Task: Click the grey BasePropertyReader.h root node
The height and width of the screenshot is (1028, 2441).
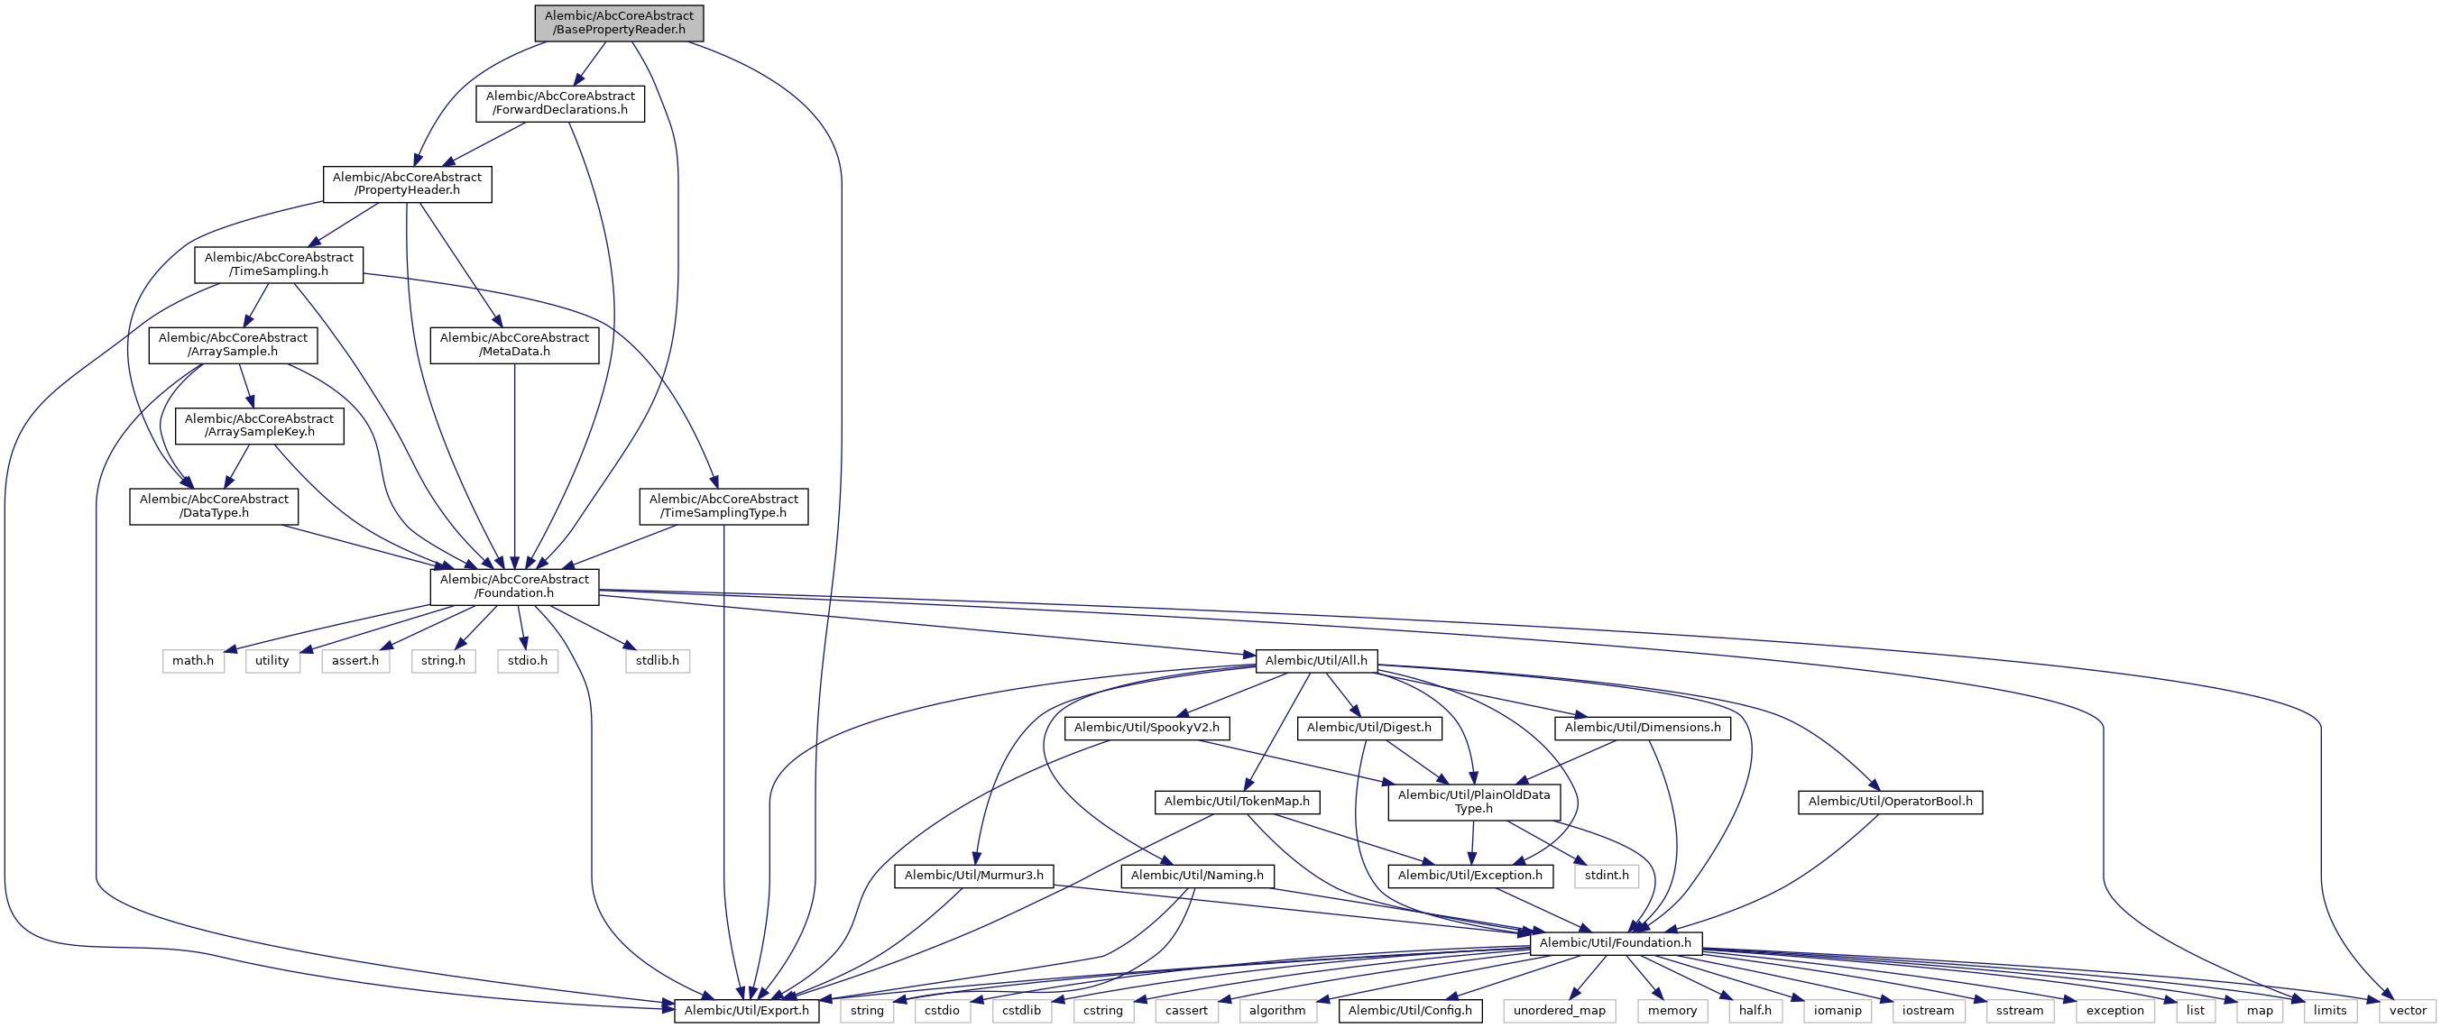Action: tap(619, 23)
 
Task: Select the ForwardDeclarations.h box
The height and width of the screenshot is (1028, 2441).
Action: tap(559, 104)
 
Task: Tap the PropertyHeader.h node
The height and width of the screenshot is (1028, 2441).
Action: tap(407, 184)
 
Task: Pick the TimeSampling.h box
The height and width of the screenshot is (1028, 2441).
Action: tap(279, 264)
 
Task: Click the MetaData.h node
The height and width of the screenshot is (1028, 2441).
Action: tap(513, 344)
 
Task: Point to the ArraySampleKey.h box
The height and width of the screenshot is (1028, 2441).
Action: tap(259, 426)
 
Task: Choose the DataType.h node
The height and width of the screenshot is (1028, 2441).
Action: tap(213, 506)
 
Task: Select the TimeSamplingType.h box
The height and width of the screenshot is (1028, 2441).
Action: tap(723, 506)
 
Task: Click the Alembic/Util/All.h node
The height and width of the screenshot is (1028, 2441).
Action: tap(1315, 660)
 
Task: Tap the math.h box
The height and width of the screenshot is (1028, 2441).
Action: tap(192, 660)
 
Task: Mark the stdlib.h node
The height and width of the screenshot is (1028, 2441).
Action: tap(657, 660)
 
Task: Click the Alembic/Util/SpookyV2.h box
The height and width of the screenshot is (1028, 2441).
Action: tap(1147, 728)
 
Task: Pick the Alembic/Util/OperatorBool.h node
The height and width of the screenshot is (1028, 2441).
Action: tap(1890, 802)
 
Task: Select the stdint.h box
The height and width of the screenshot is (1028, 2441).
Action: tap(1607, 876)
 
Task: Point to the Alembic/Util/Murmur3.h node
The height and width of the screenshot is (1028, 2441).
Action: tap(973, 876)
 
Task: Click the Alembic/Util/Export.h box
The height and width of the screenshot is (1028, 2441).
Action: tap(747, 1011)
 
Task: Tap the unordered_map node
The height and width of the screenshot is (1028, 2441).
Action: tap(1559, 1011)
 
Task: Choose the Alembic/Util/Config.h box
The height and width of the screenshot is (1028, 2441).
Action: tap(1410, 1011)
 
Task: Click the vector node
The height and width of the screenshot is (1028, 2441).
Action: tap(2407, 1011)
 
